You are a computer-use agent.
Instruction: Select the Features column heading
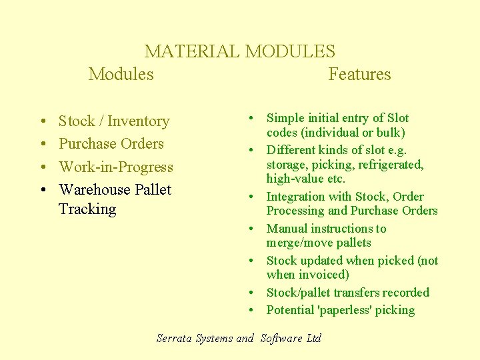[359, 74]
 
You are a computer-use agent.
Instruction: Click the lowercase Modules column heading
[121, 74]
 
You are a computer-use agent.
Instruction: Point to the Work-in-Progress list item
[116, 167]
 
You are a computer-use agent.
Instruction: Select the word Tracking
[87, 209]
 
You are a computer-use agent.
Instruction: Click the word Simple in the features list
[285, 118]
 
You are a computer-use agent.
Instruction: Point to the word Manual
[287, 229]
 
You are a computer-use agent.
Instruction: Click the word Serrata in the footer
[175, 338]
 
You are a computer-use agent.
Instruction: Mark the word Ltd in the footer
[314, 338]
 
